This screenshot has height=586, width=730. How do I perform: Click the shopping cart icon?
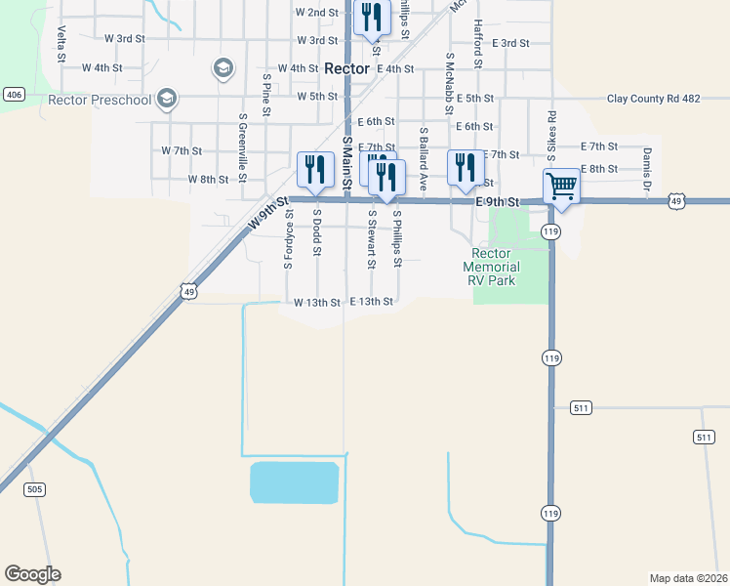(561, 186)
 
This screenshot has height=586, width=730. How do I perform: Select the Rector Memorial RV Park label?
(491, 266)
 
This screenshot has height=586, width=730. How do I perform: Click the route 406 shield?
(13, 95)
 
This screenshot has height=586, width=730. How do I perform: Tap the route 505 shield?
(35, 489)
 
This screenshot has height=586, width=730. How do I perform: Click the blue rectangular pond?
(294, 482)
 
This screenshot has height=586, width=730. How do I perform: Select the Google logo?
(32, 574)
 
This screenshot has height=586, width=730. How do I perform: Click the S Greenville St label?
(243, 147)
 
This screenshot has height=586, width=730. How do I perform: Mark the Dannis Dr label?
(646, 168)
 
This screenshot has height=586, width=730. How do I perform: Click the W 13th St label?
(316, 303)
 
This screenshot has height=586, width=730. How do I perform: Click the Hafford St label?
(477, 45)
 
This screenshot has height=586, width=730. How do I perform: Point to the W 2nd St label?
(316, 13)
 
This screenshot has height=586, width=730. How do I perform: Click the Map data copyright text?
(688, 578)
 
